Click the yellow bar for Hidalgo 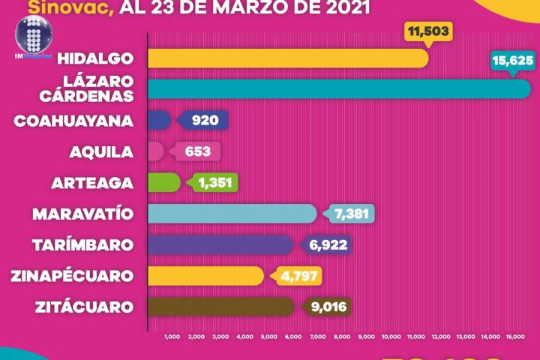288,58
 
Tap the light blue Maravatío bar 232,214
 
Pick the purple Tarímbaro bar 220,244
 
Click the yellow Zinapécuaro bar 206,275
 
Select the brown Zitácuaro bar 222,306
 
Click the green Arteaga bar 164,182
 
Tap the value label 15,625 511,59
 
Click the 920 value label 204,121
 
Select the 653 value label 197,151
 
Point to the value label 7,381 350,214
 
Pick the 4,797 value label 300,275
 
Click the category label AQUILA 100,151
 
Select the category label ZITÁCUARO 84,306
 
